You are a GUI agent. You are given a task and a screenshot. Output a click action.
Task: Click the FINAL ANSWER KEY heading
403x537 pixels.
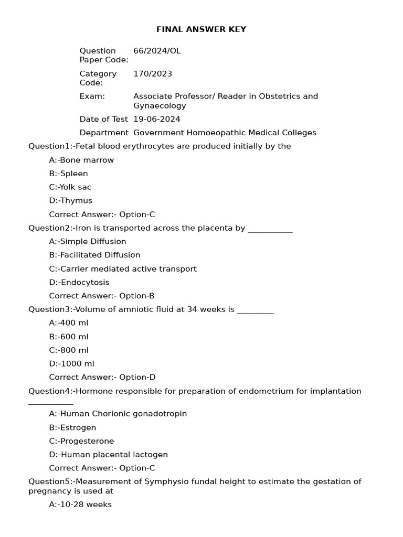[201, 29]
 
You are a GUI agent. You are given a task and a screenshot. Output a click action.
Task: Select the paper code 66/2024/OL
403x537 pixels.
[157, 51]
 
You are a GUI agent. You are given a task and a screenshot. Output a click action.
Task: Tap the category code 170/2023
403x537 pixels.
[153, 74]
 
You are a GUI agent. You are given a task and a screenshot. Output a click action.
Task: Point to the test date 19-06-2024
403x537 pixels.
[157, 120]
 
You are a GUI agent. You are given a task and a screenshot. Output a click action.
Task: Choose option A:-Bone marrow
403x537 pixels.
[81, 160]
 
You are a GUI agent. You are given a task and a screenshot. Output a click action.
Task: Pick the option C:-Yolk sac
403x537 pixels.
[70, 187]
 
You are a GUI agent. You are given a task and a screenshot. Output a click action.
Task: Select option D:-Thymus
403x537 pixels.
[70, 201]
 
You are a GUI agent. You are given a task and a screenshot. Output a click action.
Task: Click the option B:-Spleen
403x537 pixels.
[68, 174]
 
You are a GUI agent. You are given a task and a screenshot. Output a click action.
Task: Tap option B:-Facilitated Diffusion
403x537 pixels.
[94, 255]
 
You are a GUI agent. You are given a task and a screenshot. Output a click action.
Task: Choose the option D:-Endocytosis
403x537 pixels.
[79, 283]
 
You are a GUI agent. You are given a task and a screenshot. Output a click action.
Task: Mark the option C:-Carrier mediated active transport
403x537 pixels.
[123, 269]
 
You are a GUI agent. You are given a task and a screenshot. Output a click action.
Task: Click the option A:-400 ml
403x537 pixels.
[69, 323]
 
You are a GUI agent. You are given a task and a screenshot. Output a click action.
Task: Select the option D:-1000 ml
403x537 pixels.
[71, 364]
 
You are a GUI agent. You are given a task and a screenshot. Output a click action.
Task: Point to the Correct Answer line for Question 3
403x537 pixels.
[102, 378]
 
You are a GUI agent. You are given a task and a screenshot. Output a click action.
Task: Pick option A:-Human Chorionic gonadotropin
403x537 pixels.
[118, 414]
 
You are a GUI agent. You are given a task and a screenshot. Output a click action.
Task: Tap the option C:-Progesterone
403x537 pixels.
[81, 442]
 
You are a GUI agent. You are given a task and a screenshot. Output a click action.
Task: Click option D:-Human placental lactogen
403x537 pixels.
[109, 455]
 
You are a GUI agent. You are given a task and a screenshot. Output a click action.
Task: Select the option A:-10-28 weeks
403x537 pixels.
[80, 505]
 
